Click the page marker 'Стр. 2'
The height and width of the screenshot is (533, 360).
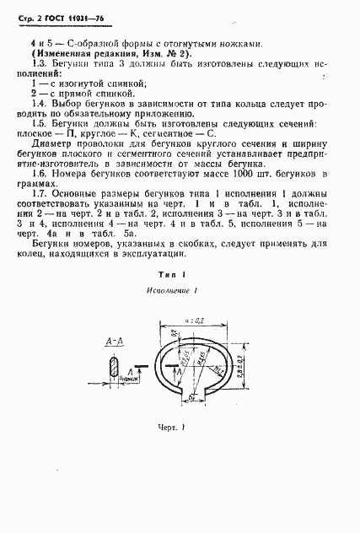(x=27, y=14)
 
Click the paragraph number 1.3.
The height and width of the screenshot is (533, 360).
(x=37, y=64)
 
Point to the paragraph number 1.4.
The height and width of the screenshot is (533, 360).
(x=37, y=101)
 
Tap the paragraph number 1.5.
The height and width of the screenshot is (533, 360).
(x=37, y=123)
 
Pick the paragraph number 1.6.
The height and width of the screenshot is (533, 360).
(x=37, y=172)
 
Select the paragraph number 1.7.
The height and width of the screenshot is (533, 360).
(x=37, y=195)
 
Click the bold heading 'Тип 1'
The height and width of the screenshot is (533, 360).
(x=179, y=275)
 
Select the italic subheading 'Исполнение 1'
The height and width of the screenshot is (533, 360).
(x=179, y=292)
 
